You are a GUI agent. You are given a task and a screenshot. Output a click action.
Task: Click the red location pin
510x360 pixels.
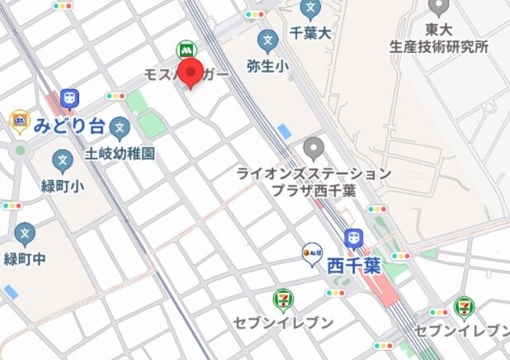(x=191, y=73)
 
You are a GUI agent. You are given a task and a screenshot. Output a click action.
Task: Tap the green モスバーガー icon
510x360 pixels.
(x=184, y=50)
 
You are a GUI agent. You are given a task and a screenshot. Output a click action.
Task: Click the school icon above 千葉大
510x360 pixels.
(x=310, y=10)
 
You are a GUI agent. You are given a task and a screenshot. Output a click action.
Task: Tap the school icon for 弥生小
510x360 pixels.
(x=267, y=40)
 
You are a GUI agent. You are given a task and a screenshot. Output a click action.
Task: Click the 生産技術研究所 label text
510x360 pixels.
(x=439, y=46)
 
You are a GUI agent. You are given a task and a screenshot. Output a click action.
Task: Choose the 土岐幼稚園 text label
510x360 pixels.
(x=120, y=154)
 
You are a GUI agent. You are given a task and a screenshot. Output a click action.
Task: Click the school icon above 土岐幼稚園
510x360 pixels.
(x=120, y=130)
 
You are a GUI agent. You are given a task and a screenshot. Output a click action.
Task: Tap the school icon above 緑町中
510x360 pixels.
(x=26, y=234)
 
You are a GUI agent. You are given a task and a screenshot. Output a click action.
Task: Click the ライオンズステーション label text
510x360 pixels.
(x=314, y=173)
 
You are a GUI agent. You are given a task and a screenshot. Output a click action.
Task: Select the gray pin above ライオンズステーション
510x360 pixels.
(x=313, y=149)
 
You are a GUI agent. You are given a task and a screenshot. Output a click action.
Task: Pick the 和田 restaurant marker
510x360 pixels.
(x=311, y=253)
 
